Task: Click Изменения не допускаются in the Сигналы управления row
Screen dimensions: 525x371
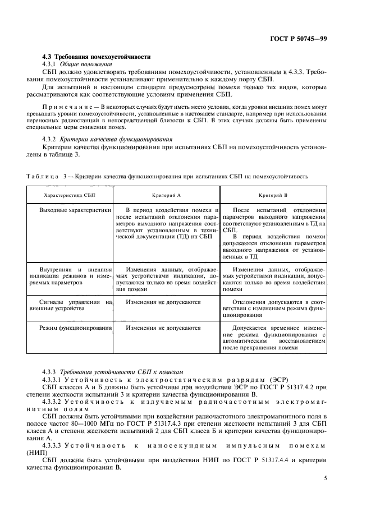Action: point(163,302)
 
